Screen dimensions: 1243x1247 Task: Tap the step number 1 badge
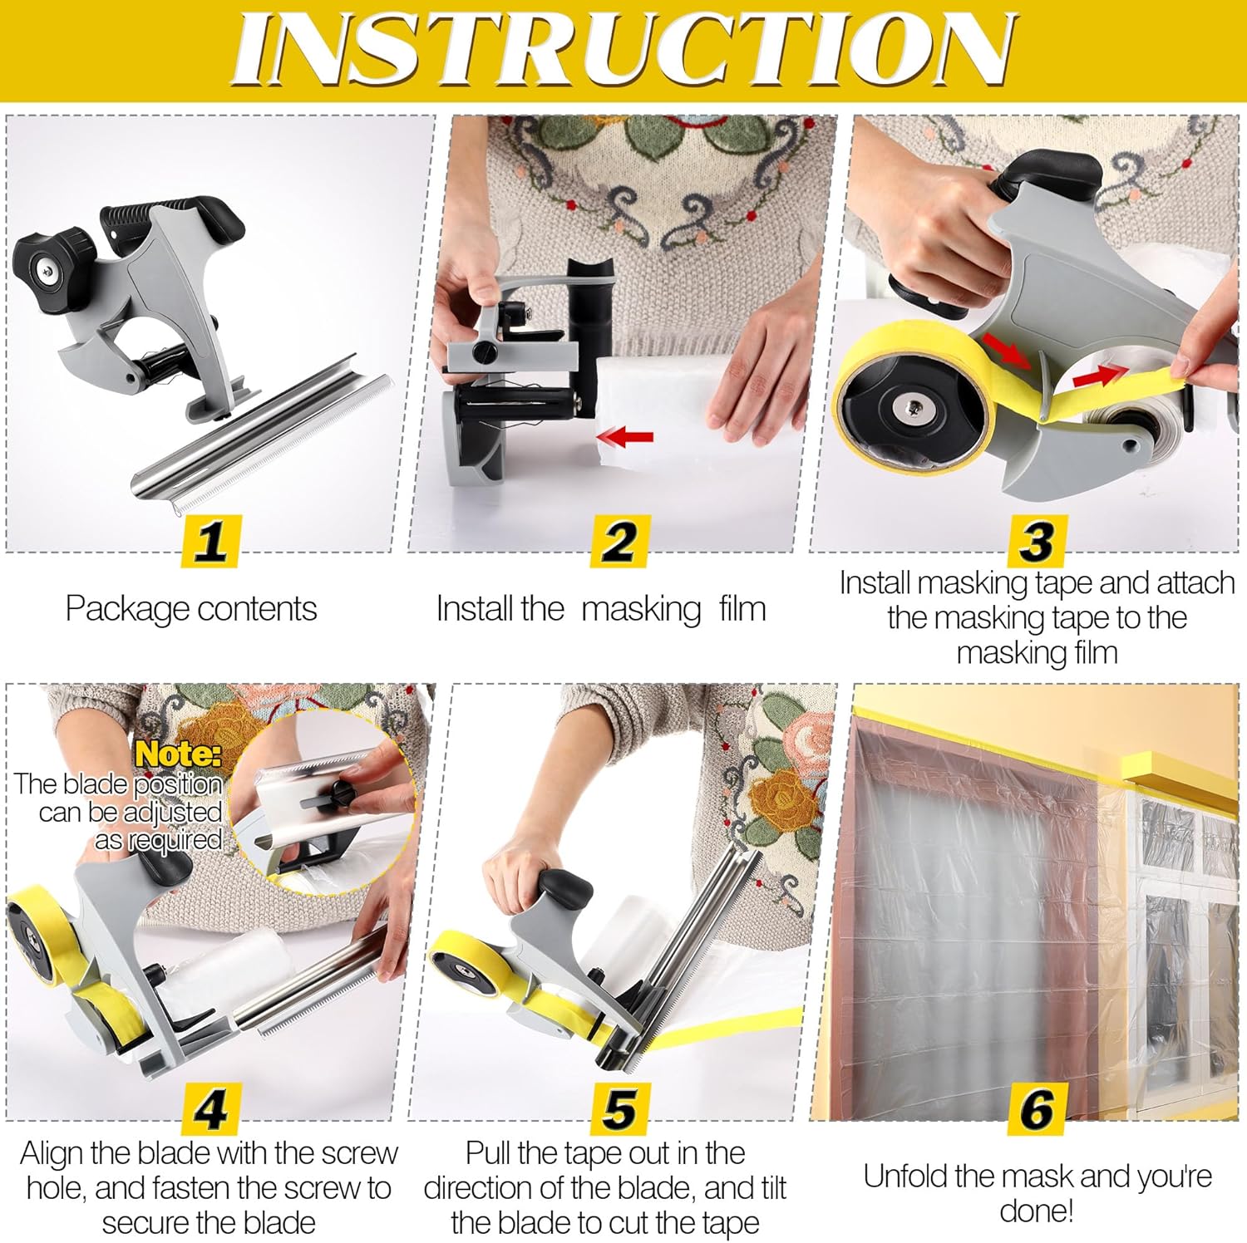coord(210,541)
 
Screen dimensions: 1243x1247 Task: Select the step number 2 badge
coord(619,541)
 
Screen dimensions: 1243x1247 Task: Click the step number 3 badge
coord(1036,541)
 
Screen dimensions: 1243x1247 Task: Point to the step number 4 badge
coord(210,1108)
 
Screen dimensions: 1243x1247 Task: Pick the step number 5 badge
coord(619,1108)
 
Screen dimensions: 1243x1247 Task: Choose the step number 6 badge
coord(1036,1108)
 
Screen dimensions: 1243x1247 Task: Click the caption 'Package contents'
coord(191,609)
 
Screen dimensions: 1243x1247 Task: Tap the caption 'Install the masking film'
coord(600,609)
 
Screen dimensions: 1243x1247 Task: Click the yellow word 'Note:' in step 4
coord(179,754)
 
